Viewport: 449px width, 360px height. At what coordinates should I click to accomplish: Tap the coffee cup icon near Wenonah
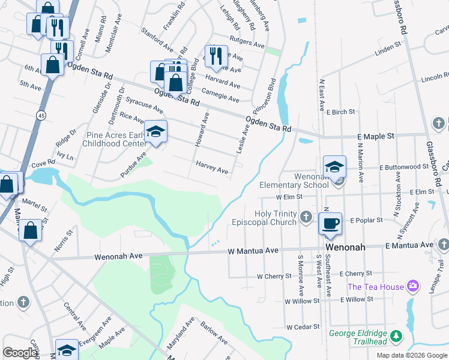coord(330,224)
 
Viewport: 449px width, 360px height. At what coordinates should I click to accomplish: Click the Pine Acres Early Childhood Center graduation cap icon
coord(155,131)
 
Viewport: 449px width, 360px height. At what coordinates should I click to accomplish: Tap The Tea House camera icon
coord(412,286)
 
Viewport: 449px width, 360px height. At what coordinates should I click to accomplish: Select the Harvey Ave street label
coord(212,167)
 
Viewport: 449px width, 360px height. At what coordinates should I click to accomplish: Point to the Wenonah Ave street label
coord(118,256)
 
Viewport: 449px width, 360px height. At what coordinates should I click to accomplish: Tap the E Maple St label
coord(375,136)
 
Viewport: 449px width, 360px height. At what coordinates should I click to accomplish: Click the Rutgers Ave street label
coord(247,43)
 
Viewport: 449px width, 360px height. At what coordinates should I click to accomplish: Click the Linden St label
coord(387,47)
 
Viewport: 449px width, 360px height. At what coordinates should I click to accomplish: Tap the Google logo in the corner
coord(20,353)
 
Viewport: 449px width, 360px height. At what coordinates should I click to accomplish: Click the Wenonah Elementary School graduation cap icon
coord(334,166)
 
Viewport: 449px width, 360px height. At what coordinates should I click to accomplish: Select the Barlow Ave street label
coord(214,333)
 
